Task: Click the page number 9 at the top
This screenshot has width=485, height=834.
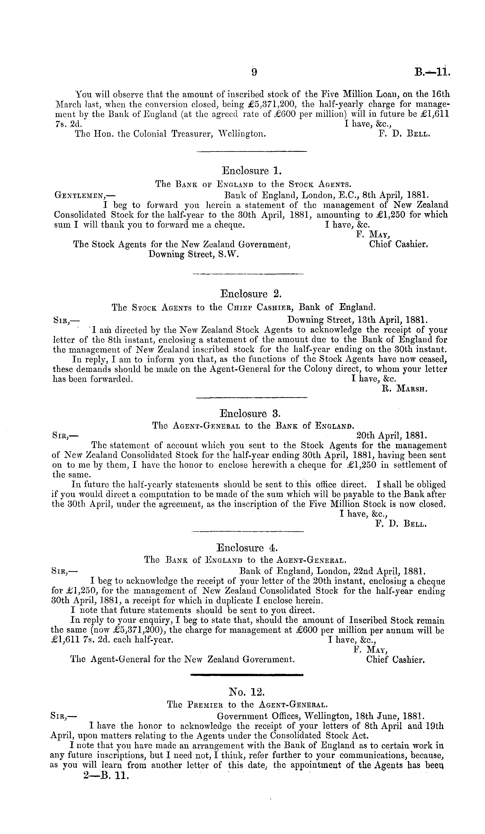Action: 254,72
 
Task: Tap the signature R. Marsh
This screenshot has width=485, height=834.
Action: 405,389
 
